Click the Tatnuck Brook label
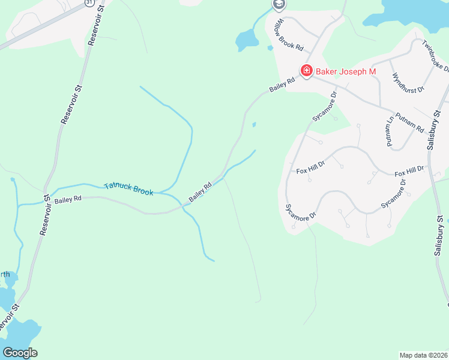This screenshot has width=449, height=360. point(128,189)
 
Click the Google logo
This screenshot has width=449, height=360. point(20,353)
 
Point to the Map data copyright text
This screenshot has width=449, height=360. point(424,355)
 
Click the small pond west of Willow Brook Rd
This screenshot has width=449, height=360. point(247,40)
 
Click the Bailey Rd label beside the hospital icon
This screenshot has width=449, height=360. point(282,85)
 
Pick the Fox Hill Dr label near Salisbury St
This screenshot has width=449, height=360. point(411,173)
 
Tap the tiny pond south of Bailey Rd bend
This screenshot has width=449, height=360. point(254,125)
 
